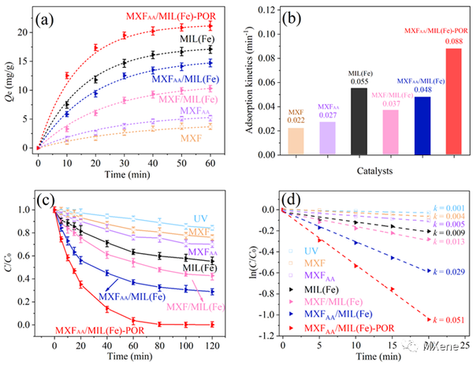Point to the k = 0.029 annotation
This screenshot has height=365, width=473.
tap(449, 270)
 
